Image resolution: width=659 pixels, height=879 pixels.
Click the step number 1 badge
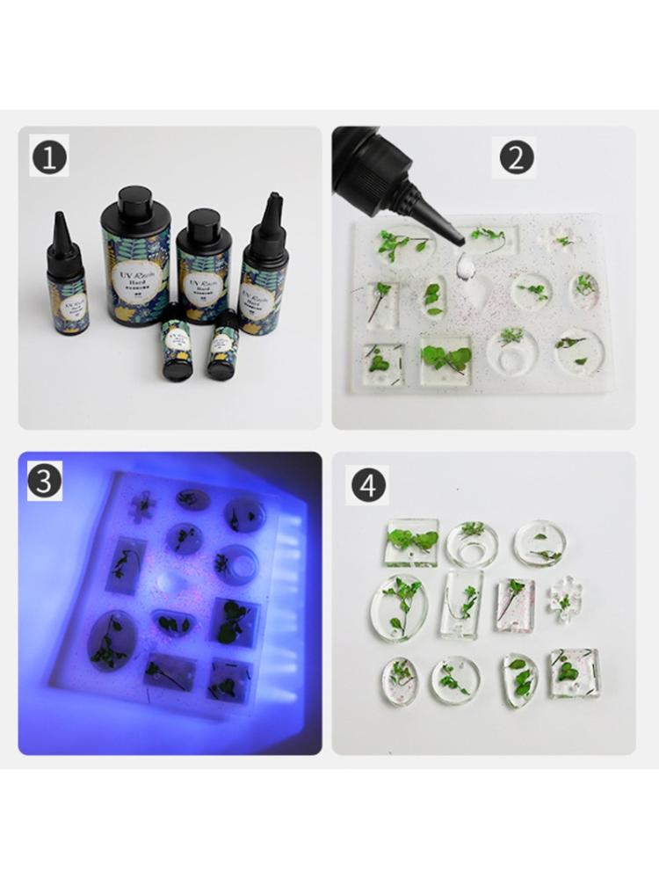[49, 157]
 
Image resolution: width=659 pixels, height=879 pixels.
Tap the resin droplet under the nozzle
[464, 261]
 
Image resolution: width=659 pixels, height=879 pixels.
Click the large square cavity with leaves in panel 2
[445, 359]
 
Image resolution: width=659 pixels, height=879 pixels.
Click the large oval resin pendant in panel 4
[399, 607]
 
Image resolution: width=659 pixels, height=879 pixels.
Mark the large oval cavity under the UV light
[111, 639]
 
